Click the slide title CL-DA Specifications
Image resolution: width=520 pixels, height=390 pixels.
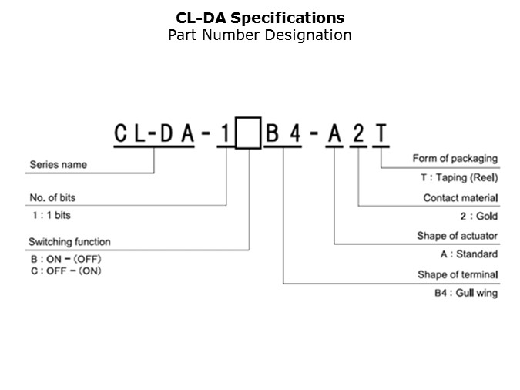click(x=260, y=18)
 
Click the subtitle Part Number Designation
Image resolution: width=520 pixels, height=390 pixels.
click(x=260, y=35)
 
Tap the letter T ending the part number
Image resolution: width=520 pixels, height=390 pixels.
click(x=381, y=133)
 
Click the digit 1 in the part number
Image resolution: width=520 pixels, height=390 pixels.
click(x=224, y=133)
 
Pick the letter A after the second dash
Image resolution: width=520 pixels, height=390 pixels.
click(x=334, y=133)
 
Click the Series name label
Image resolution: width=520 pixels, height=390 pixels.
click(x=58, y=165)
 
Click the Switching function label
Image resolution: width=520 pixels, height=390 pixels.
click(x=69, y=242)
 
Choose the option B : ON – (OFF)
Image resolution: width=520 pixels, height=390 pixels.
click(x=65, y=259)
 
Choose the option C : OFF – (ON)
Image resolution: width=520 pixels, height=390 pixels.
click(x=65, y=271)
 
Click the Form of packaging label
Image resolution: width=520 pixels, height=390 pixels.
click(x=455, y=159)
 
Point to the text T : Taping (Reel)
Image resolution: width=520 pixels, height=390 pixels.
click(x=457, y=177)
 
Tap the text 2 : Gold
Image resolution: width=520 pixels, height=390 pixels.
click(x=478, y=217)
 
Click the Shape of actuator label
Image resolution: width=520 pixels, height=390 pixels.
click(x=458, y=236)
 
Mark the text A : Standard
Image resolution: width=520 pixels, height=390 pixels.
click(x=468, y=254)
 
